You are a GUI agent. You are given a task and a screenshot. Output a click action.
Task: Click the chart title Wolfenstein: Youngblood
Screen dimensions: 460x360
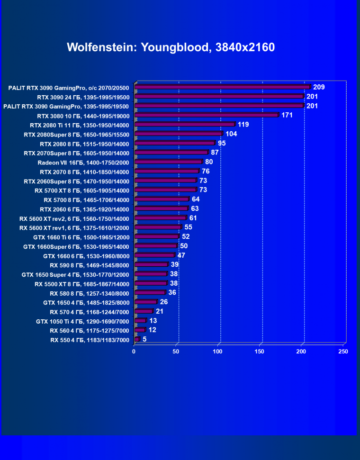coord(171,47)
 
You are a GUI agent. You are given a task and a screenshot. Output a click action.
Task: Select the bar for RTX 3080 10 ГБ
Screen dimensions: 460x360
coord(207,115)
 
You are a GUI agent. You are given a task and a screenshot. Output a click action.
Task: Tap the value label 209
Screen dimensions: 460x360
coord(319,87)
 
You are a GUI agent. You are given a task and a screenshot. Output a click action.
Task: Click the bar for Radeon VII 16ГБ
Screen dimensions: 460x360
coord(168,162)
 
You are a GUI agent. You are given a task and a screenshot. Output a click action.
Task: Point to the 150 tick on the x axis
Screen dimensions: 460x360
coord(260,352)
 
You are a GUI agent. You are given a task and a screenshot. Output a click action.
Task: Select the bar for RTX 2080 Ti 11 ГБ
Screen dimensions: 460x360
coord(185,125)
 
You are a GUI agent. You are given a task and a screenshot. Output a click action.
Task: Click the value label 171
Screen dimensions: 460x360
coord(287,115)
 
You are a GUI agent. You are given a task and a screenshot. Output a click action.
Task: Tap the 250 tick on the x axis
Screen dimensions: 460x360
coord(343,352)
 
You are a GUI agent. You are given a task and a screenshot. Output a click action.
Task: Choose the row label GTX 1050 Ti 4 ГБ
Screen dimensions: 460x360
coord(75,321)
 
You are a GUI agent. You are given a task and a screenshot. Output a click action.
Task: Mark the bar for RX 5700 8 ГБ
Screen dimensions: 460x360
coord(162,199)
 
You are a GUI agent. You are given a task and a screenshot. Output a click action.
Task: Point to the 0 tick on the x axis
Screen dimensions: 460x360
coord(134,352)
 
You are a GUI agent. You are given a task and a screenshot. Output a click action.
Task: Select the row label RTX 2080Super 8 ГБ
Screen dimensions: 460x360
coord(76,134)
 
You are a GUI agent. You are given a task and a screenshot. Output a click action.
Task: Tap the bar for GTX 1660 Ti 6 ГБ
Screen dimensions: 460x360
coord(156,237)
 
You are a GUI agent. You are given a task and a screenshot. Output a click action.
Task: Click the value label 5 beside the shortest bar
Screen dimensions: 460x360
coord(144,339)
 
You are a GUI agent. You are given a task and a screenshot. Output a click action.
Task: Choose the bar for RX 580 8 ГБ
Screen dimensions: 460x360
coord(150,293)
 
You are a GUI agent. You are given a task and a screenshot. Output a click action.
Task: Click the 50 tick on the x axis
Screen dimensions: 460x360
coord(176,352)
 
